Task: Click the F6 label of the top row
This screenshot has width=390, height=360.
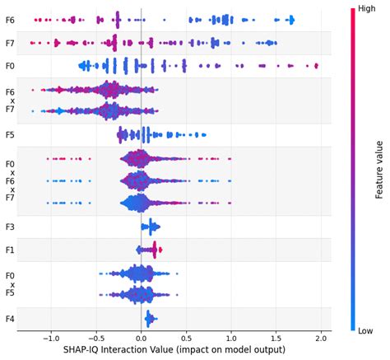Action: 10,19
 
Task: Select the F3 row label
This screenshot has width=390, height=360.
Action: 10,226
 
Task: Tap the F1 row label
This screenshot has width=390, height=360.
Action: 10,249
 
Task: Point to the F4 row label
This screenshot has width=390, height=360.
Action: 10,318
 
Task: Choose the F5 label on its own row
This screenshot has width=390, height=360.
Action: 10,133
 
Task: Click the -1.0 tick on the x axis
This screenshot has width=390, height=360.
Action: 50,338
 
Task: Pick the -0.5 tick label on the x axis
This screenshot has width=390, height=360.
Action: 95,338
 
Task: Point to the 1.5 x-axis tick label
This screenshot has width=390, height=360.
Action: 276,338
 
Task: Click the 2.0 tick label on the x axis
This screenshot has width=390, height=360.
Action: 322,338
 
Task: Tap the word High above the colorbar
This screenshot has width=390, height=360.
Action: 367,9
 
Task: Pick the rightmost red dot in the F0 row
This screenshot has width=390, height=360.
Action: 316,65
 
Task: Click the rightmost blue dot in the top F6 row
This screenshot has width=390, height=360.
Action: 292,20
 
